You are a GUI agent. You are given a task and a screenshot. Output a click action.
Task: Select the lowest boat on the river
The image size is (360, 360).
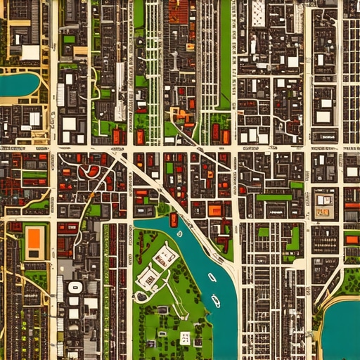pos(216,302)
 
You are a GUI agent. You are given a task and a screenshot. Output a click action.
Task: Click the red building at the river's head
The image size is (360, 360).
pos(174,219)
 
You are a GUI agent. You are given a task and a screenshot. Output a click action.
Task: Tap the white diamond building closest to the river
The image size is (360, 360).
pos(165,256)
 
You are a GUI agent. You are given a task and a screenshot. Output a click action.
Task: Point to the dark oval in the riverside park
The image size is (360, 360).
pos(142,296)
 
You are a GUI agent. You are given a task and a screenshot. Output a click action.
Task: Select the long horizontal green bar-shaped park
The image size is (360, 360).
pos(274,198)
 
